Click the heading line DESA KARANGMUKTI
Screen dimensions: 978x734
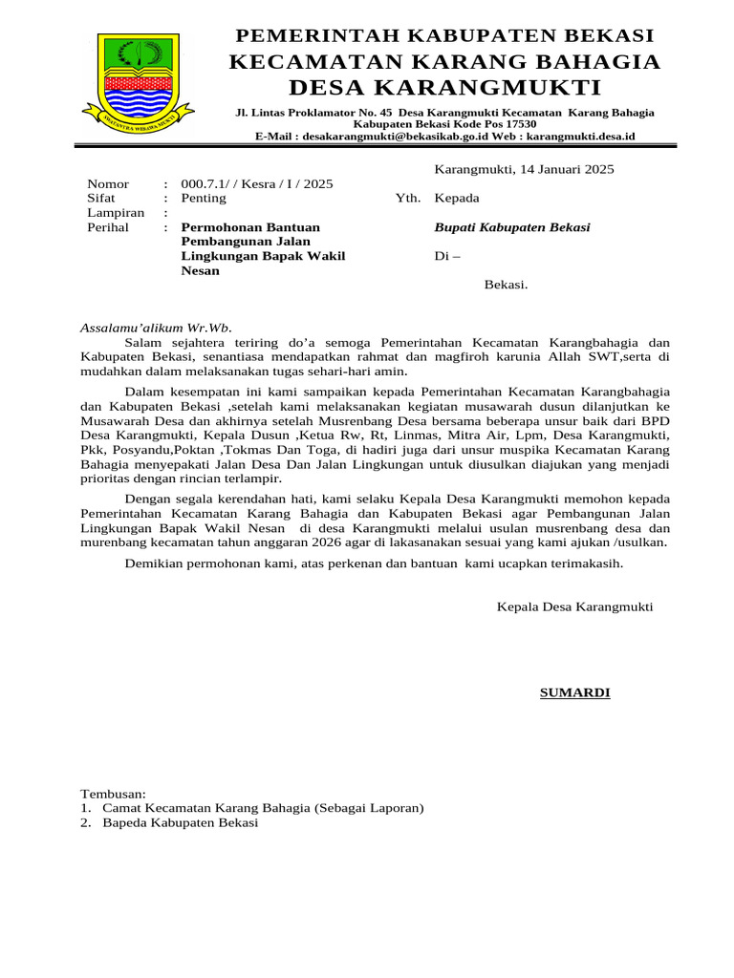pos(444,89)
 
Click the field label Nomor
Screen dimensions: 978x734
pos(108,184)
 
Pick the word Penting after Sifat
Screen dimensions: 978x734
pos(204,199)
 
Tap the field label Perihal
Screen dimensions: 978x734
pos(108,227)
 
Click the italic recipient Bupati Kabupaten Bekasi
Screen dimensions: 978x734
pos(512,227)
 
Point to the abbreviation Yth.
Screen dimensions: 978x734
pos(408,199)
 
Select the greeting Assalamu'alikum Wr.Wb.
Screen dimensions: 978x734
pos(156,328)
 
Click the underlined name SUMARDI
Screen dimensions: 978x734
pos(574,692)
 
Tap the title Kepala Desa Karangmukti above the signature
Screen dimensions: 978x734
pos(575,607)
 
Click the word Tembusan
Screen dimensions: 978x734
pos(113,794)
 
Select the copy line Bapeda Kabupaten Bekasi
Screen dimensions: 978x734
pos(181,822)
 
